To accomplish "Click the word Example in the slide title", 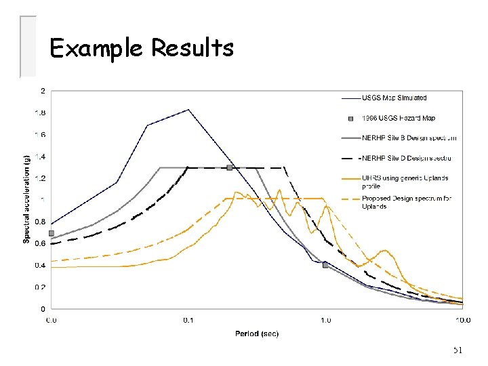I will point(98,49).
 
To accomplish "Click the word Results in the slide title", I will point(192,49).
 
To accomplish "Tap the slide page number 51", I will point(457,350).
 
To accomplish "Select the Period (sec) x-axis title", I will point(257,333).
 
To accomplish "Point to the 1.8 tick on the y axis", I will point(41,113).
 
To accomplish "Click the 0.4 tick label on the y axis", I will point(41,265).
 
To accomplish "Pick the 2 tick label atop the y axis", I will point(43,91).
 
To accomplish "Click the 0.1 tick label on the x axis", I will point(188,320).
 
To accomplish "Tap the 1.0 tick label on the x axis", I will point(325,320).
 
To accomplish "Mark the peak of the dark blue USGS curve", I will point(188,110).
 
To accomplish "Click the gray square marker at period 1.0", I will point(325,264).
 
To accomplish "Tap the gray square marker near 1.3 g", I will point(230,167).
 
